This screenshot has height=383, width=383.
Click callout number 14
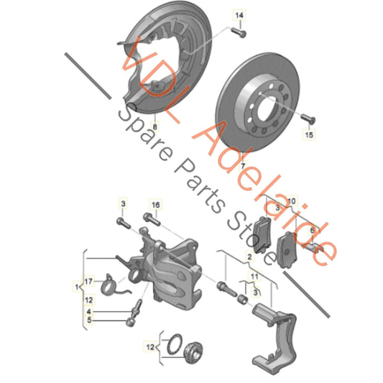coord(239,15)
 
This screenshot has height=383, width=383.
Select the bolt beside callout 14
coord(239,32)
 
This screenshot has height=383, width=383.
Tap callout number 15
coord(310,134)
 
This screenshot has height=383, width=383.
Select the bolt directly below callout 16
coord(150,218)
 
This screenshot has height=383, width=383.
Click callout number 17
coord(88,280)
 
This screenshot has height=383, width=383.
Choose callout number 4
coord(89,311)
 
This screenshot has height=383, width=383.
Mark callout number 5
coord(89,320)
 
